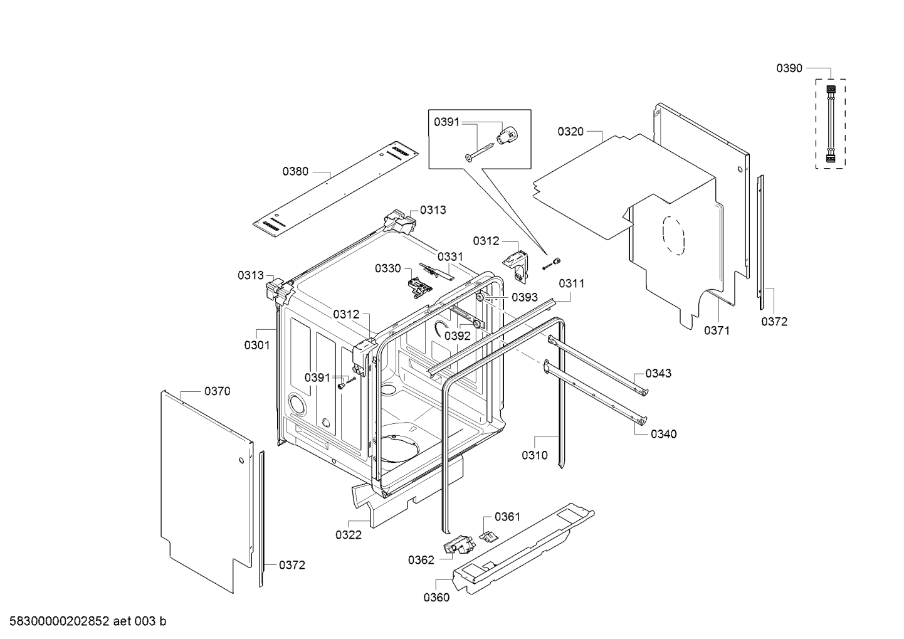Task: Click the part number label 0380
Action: (x=295, y=171)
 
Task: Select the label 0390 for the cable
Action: (x=789, y=68)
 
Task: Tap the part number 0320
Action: (x=570, y=132)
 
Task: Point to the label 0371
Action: (x=716, y=330)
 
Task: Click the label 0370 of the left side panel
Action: (x=217, y=391)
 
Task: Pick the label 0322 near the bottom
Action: (x=348, y=535)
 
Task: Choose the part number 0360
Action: (x=436, y=598)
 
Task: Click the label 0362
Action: (x=421, y=560)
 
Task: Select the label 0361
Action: (x=507, y=517)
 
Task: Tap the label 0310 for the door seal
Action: (x=534, y=455)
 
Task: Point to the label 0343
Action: (x=658, y=373)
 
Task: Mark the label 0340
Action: (x=663, y=434)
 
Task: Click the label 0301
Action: (x=256, y=345)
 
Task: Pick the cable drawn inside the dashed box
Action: (x=830, y=124)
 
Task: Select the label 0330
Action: (x=387, y=268)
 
